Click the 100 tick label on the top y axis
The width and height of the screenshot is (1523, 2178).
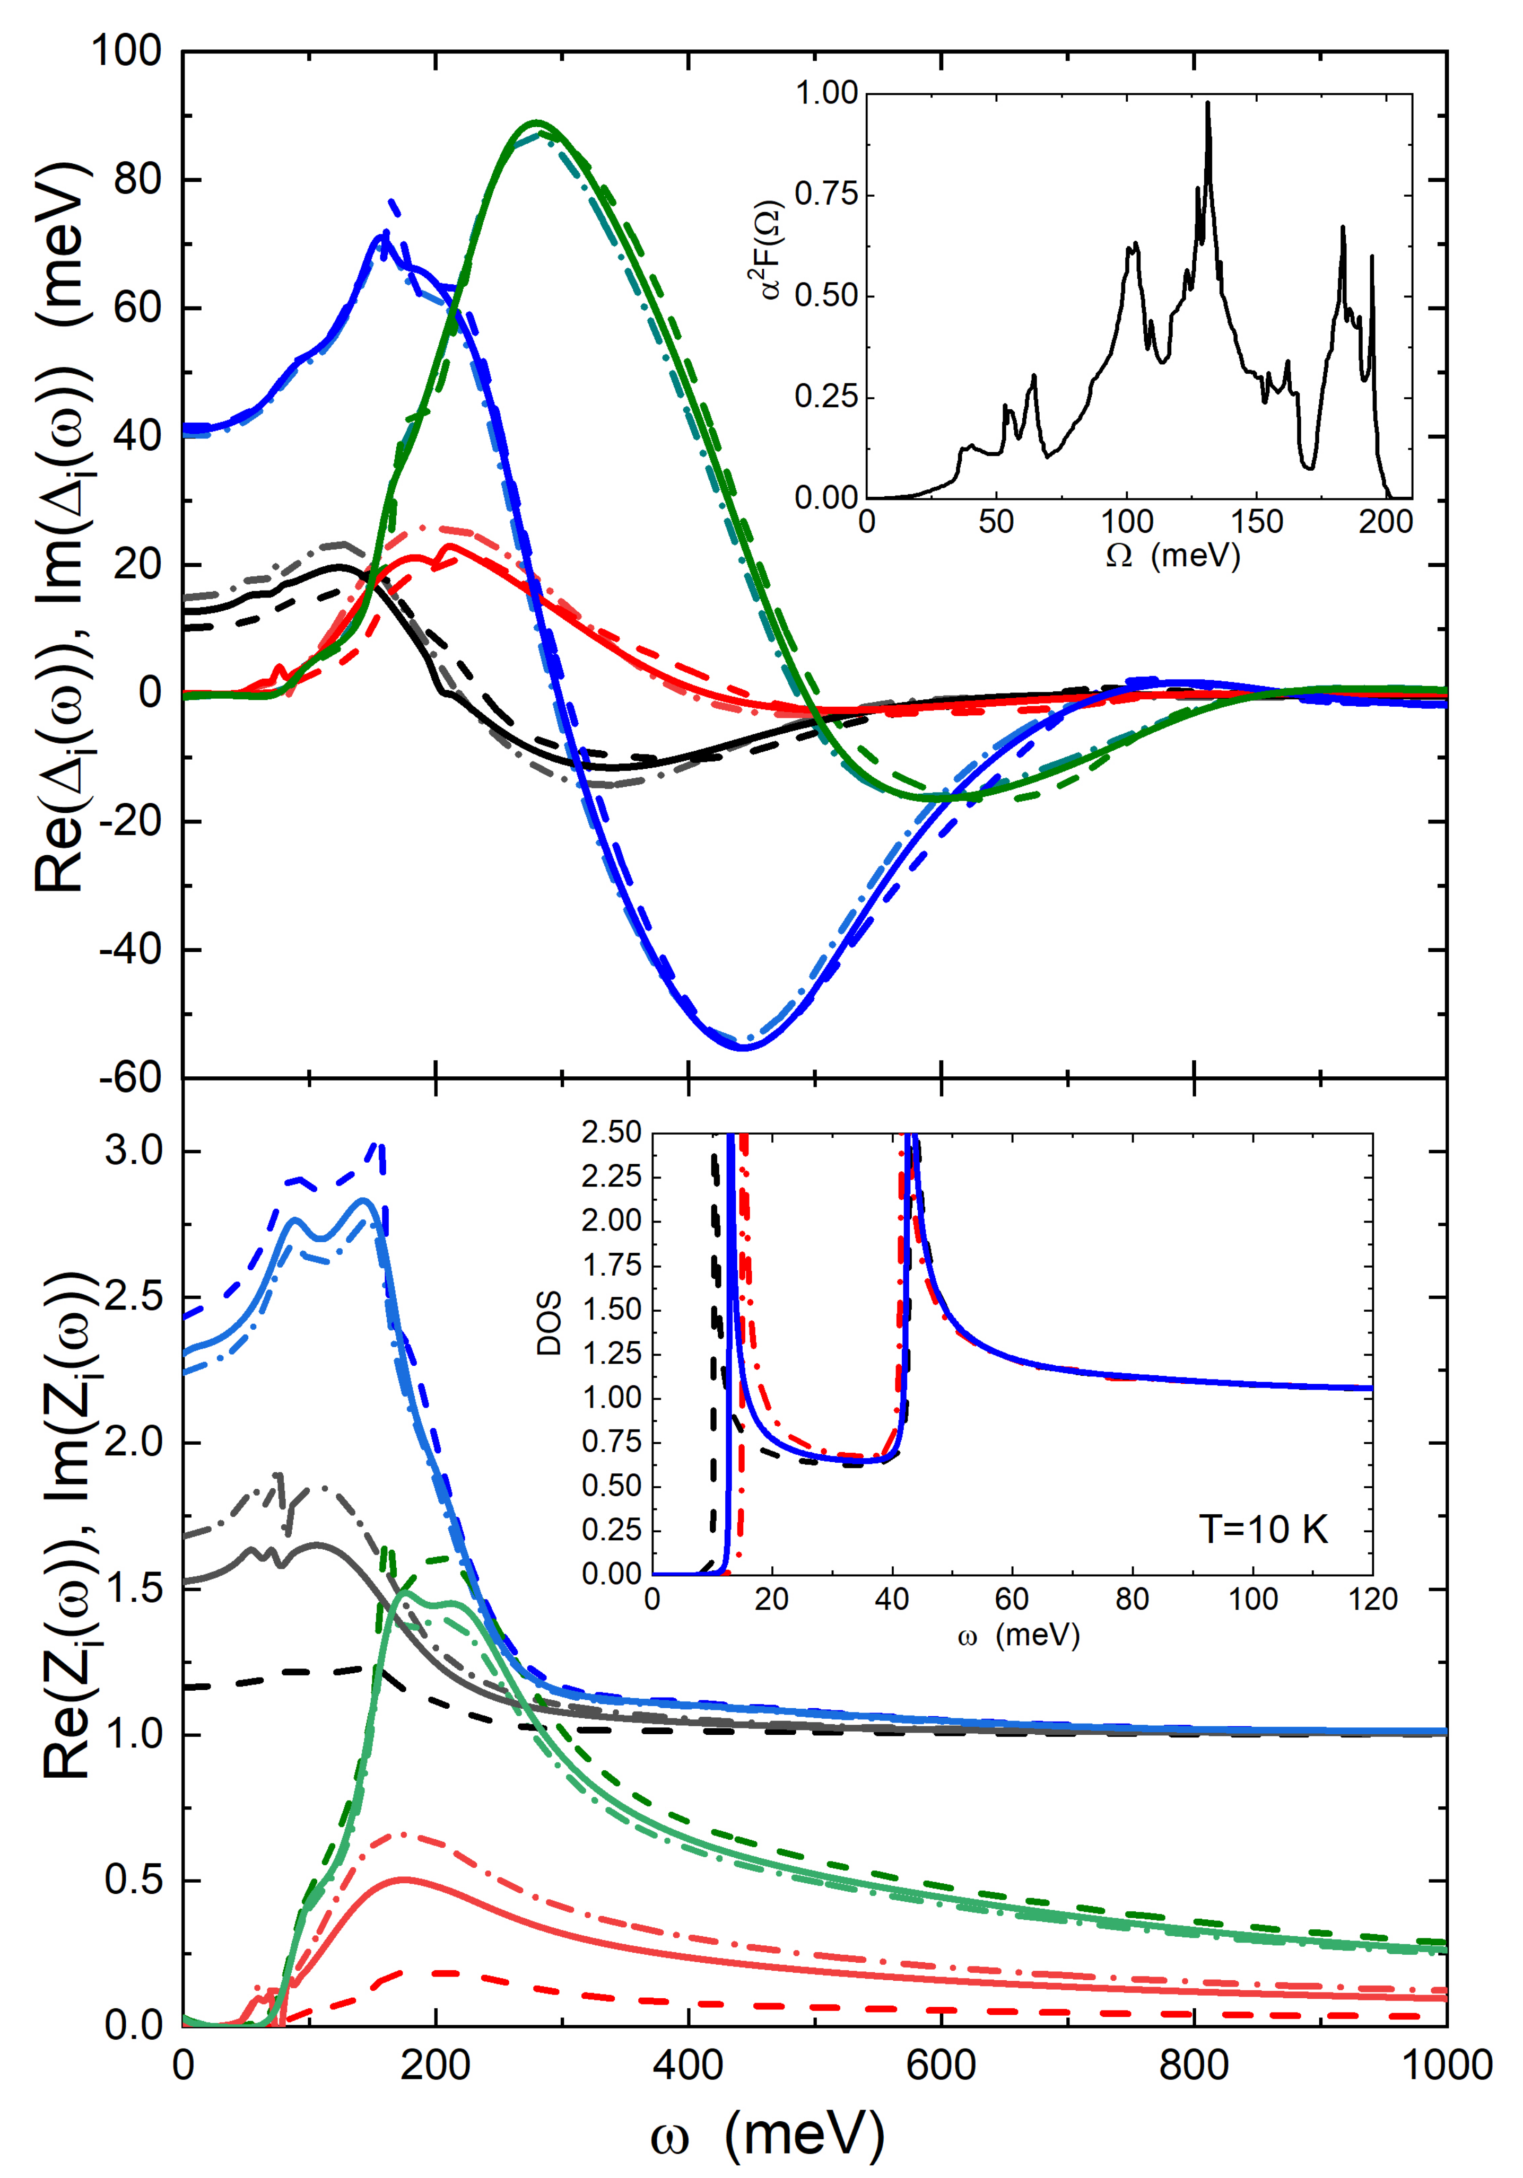[x=126, y=51]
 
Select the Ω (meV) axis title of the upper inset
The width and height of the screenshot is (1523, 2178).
[x=1173, y=556]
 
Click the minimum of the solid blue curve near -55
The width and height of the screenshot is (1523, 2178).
[x=742, y=1047]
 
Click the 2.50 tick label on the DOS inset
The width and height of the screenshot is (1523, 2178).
[x=611, y=1132]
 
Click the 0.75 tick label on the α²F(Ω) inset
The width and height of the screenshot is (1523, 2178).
[x=825, y=195]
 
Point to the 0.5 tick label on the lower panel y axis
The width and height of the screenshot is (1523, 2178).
[x=134, y=1880]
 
